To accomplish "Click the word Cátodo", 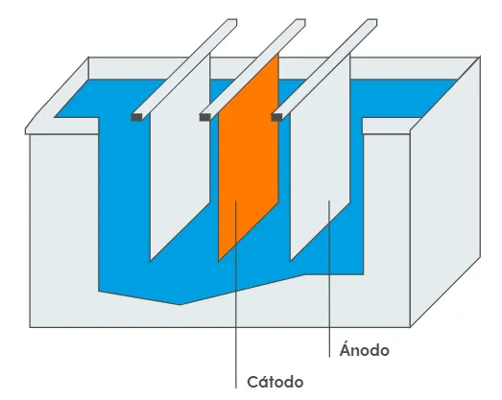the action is click(x=275, y=382).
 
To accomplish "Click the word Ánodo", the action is click(x=365, y=349).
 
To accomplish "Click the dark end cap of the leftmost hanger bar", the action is click(x=136, y=117).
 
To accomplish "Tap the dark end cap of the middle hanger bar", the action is click(x=204, y=117).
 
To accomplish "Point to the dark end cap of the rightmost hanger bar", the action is click(x=276, y=117).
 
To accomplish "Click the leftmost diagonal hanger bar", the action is click(x=184, y=69).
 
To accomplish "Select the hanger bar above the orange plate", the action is click(x=253, y=69).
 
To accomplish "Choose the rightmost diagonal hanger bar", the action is click(x=324, y=69).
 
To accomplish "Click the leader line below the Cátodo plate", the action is click(x=236, y=294).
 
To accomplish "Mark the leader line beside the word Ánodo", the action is click(x=329, y=278).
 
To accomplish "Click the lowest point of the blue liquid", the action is click(x=179, y=305).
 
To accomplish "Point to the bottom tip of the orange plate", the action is click(x=219, y=262).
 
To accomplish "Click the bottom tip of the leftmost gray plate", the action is click(x=150, y=262).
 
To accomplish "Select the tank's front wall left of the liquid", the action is click(x=64, y=224).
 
